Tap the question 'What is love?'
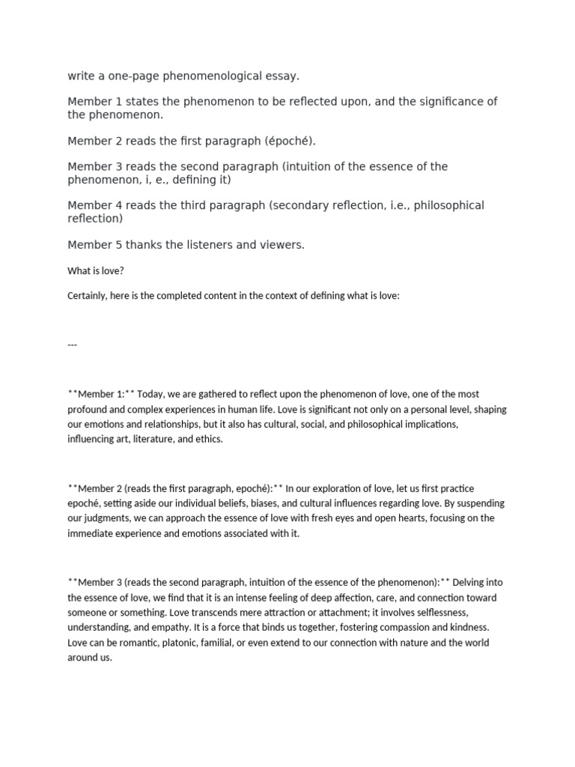click(93, 270)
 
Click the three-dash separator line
click(73, 345)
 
